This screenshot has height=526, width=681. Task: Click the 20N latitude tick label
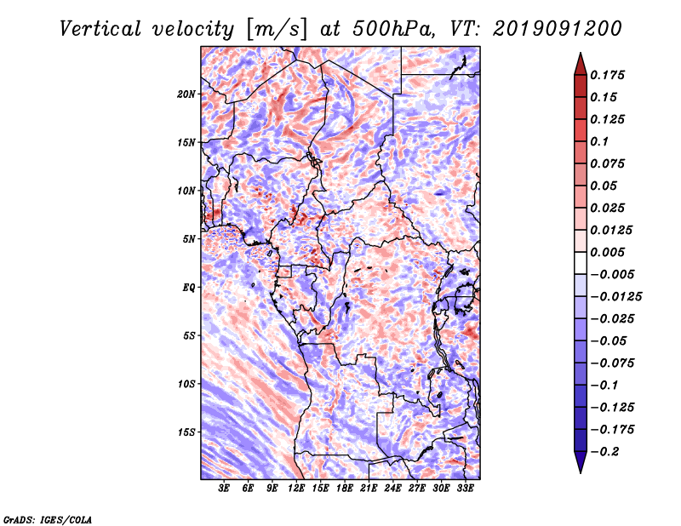click(186, 94)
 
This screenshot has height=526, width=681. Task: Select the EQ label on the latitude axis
click(189, 288)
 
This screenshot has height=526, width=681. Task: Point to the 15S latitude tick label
click(186, 432)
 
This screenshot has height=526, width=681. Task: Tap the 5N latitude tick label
click(189, 239)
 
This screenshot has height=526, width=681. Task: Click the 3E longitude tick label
click(224, 489)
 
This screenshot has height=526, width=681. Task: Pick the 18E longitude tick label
click(345, 489)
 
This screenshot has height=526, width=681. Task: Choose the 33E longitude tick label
click(465, 489)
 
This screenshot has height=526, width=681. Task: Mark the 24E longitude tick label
click(392, 489)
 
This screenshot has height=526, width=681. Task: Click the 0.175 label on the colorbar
click(607, 75)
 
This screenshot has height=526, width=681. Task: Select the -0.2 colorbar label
click(604, 452)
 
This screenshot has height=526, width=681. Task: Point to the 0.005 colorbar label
click(607, 252)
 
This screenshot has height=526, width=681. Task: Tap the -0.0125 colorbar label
click(615, 297)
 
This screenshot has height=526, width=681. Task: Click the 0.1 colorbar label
click(599, 141)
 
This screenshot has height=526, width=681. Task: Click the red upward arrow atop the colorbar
click(581, 64)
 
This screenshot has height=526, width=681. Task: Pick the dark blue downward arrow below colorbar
click(581, 462)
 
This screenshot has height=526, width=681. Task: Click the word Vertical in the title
click(100, 29)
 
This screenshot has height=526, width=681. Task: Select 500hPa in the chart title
click(393, 29)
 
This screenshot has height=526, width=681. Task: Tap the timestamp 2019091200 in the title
click(558, 29)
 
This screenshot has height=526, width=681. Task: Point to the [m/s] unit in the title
click(277, 29)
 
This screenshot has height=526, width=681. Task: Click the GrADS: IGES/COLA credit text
click(48, 520)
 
